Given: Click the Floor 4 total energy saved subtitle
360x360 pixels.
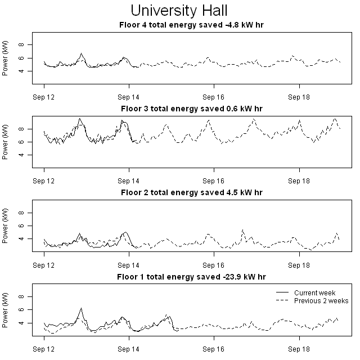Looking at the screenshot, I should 191,25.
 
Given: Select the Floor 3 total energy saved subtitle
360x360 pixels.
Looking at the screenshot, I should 191,109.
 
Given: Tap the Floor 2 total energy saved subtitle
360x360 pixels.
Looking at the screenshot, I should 191,192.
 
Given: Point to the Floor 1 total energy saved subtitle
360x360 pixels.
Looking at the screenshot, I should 191,277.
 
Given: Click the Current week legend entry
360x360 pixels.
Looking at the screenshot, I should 314,293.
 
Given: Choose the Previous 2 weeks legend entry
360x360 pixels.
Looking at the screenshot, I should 321,301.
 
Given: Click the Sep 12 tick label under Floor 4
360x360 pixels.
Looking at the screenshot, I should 44,97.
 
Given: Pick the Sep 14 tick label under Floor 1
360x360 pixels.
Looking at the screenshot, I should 129,349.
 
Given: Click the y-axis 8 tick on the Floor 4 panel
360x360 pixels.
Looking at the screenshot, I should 21,44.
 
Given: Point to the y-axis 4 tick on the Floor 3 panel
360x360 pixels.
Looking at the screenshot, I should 21,155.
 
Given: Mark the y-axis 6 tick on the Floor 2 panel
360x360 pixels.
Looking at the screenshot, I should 21,226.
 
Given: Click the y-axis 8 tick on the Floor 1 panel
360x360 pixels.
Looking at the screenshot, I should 21,296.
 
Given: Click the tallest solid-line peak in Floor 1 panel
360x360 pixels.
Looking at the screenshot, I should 81,308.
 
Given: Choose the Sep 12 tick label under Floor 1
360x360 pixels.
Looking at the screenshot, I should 44,349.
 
